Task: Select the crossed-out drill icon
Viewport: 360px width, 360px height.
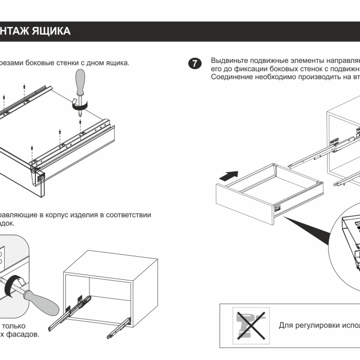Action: point(250,326)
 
